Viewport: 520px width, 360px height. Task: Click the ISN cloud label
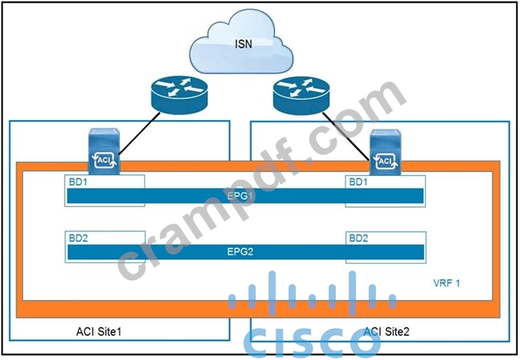(x=244, y=44)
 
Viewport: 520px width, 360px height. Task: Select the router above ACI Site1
(x=180, y=95)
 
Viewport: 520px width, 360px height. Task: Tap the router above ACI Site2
(x=301, y=95)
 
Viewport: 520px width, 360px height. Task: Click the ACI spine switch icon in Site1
(x=104, y=151)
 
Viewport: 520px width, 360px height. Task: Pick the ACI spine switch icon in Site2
(x=385, y=152)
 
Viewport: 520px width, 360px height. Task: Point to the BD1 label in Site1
(x=78, y=182)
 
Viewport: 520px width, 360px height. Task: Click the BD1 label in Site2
(x=358, y=182)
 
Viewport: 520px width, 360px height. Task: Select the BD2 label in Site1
(x=78, y=239)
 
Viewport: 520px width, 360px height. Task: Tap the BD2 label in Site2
(x=358, y=239)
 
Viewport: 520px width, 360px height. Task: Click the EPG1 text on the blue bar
(x=240, y=196)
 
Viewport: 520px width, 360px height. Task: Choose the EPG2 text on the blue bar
(x=240, y=251)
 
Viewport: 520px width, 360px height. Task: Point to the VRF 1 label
(x=446, y=283)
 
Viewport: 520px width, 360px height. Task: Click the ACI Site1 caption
(x=99, y=331)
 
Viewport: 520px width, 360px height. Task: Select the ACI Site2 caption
(x=387, y=331)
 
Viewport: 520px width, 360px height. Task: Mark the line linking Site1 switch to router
(x=139, y=133)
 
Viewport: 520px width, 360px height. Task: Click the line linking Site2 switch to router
(x=346, y=136)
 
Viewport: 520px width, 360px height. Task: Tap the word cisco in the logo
(x=312, y=343)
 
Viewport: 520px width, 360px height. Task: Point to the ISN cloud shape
(x=241, y=42)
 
